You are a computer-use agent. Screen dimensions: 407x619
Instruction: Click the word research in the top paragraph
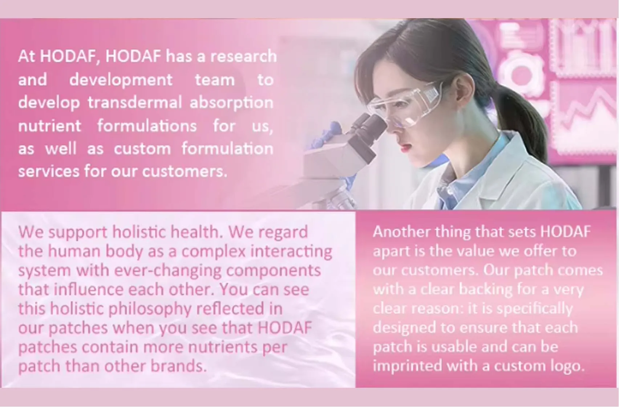click(243, 56)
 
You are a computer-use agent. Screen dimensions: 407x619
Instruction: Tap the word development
click(121, 80)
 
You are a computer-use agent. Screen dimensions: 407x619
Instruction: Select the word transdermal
click(134, 103)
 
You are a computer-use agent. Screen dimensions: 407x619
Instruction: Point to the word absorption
click(231, 103)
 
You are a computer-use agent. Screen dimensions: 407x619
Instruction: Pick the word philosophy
click(150, 309)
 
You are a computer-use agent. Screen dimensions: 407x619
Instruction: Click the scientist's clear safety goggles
click(407, 104)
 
